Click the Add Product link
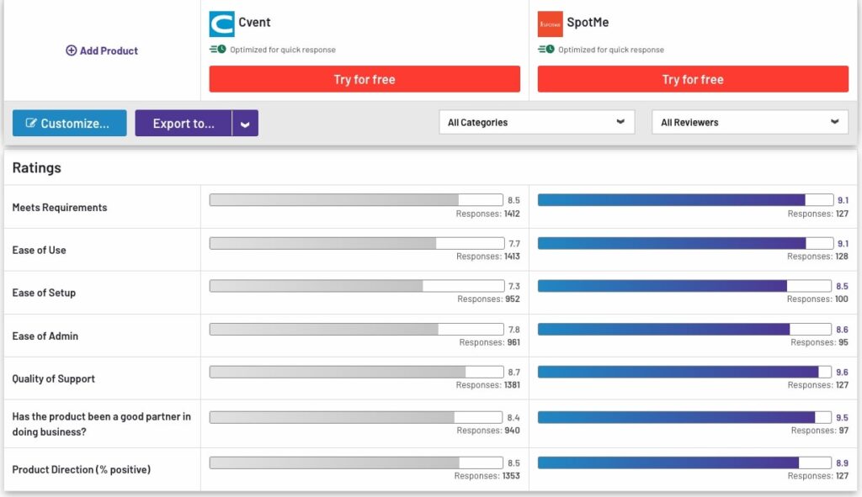click(x=102, y=50)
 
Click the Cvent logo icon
click(x=222, y=24)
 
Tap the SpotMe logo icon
click(x=550, y=24)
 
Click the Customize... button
click(x=69, y=124)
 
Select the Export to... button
click(x=184, y=124)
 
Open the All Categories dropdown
click(x=536, y=122)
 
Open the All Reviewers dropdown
click(x=749, y=122)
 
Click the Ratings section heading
click(x=37, y=168)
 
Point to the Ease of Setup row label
click(x=44, y=293)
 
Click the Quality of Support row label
click(x=54, y=378)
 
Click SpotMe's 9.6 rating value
click(x=843, y=372)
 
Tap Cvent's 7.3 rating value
click(x=513, y=286)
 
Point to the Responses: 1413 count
click(x=487, y=256)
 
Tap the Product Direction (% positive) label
click(x=81, y=469)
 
